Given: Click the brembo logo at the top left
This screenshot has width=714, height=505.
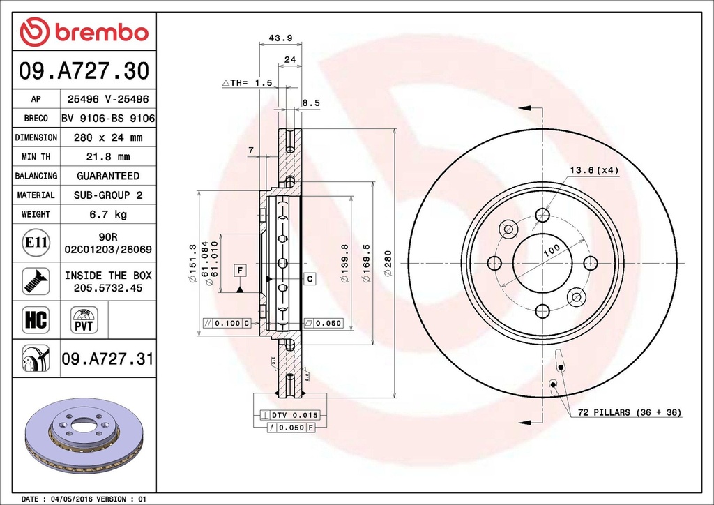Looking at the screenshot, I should tap(84, 32).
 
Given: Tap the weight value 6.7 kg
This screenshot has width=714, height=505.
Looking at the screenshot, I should tap(107, 214).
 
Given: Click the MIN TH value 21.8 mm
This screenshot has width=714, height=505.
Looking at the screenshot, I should tap(107, 157).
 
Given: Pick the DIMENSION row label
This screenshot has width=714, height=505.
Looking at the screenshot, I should tap(36, 138).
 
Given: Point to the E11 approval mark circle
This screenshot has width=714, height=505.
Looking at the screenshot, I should tap(36, 243).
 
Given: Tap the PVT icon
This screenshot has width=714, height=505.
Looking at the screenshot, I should tap(84, 321).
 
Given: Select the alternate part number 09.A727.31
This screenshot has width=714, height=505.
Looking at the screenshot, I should tap(107, 359).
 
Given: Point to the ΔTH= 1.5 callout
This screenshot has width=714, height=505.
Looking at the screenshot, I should tap(247, 83).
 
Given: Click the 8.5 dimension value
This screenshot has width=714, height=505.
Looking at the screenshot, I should tap(310, 103).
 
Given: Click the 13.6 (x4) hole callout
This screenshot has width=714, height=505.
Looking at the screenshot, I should tap(595, 170).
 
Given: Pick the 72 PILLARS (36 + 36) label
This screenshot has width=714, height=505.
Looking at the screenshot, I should tap(629, 413).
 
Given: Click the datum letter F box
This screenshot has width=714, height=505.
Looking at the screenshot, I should tap(239, 269).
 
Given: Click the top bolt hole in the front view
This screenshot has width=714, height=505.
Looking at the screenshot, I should tap(542, 215).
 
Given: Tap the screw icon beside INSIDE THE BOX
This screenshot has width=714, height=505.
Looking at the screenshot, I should tap(36, 280).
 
